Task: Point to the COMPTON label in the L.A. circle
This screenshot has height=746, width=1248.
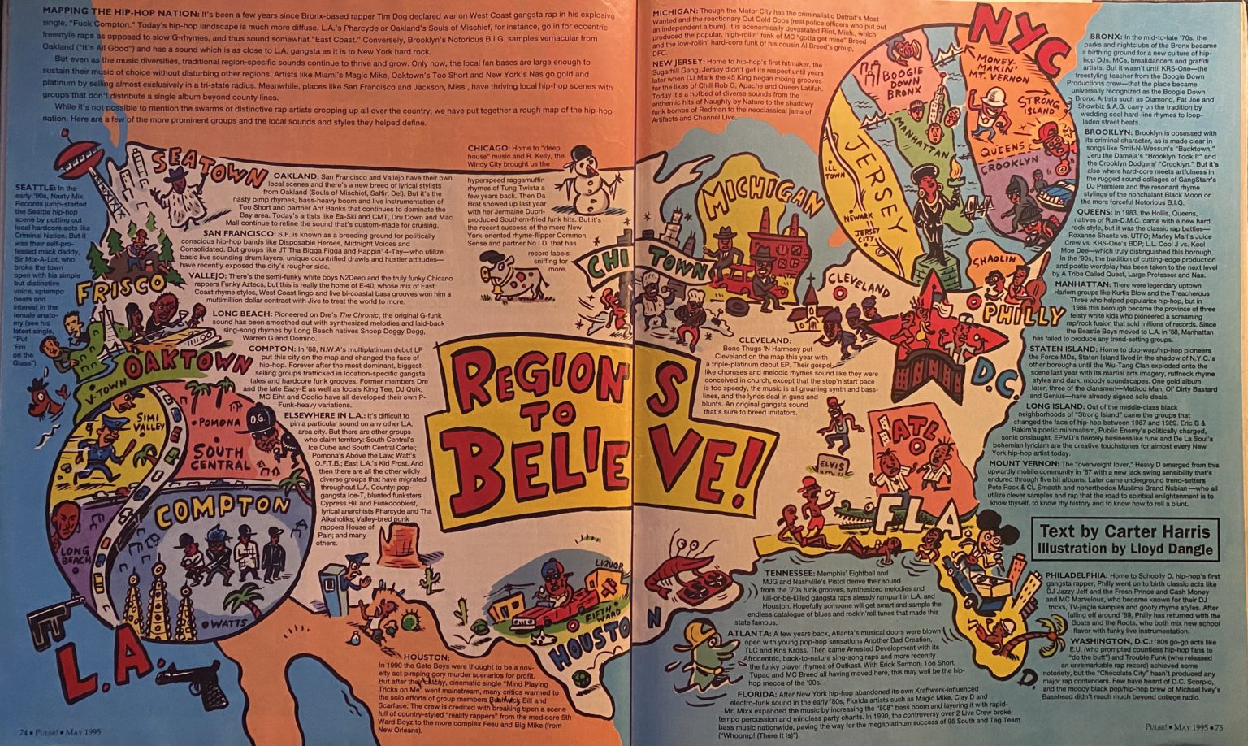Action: pyautogui.click(x=222, y=513)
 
